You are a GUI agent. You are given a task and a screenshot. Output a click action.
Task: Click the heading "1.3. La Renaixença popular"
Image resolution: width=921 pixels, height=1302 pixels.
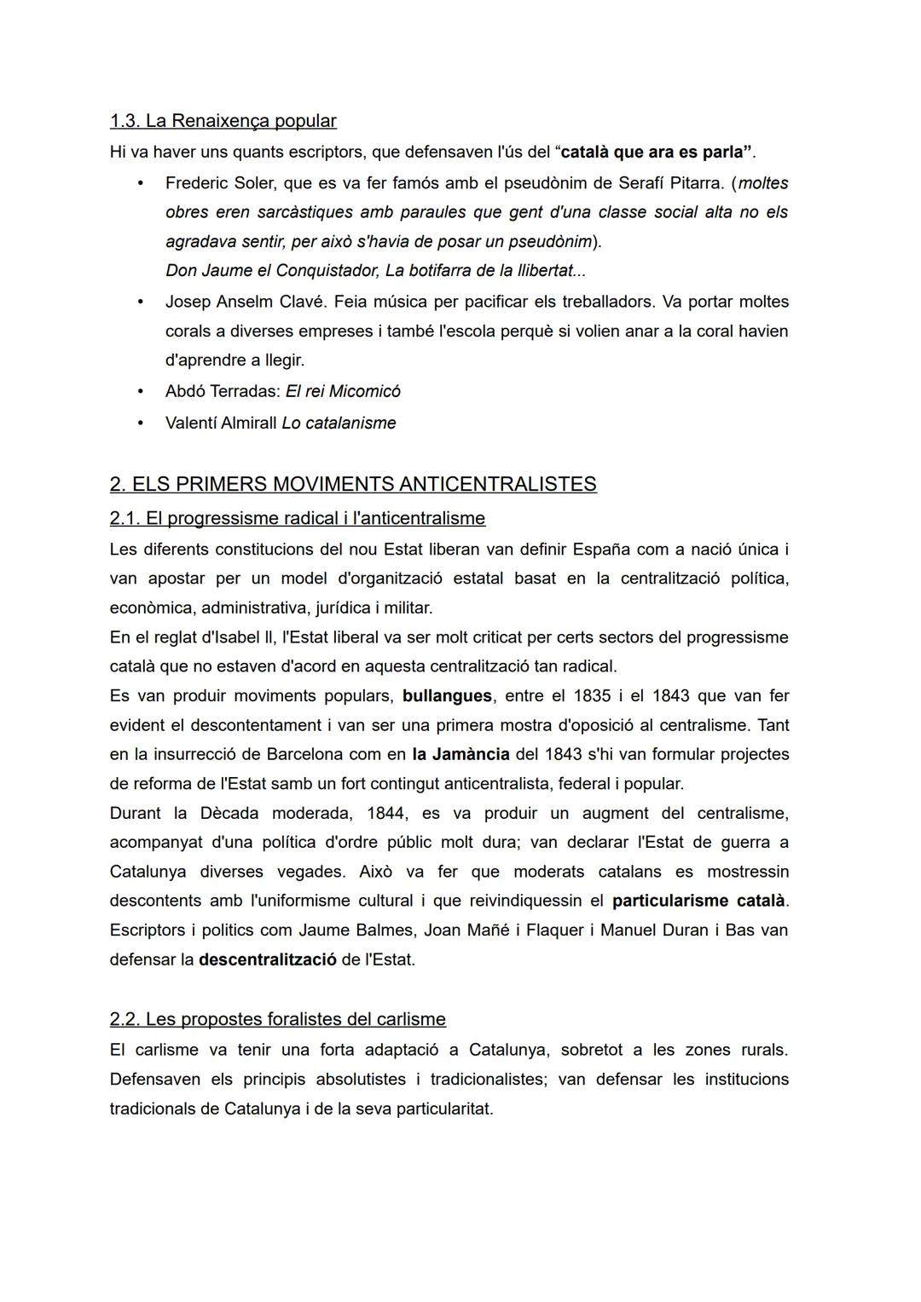pos(223,121)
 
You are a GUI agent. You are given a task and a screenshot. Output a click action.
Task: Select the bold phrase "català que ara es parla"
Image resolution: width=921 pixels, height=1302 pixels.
pos(655,153)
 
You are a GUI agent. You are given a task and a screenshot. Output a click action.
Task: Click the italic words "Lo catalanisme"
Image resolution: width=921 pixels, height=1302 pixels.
pos(339,423)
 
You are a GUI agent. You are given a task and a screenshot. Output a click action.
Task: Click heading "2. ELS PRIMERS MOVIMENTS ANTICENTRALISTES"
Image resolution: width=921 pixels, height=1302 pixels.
pos(353,484)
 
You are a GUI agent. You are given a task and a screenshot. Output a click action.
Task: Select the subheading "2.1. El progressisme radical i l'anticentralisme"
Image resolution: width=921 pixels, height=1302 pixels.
pos(297,518)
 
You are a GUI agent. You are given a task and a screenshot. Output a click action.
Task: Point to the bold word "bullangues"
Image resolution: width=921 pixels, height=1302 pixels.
pos(447,696)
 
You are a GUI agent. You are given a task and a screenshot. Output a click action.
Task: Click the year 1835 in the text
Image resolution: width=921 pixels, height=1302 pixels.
pos(591,696)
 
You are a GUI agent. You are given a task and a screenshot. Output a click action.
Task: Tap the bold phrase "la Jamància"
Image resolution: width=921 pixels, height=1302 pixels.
pos(460,755)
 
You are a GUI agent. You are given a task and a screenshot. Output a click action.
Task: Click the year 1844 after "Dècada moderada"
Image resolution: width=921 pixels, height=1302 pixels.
pos(385,814)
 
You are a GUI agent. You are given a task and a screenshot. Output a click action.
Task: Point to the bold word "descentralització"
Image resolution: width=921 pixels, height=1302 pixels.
pos(267,959)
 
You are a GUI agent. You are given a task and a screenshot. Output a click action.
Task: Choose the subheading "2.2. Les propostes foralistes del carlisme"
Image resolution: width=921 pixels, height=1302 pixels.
pos(277,1019)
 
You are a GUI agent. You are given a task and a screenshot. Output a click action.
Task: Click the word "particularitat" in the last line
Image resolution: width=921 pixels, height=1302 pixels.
pos(444,1109)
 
